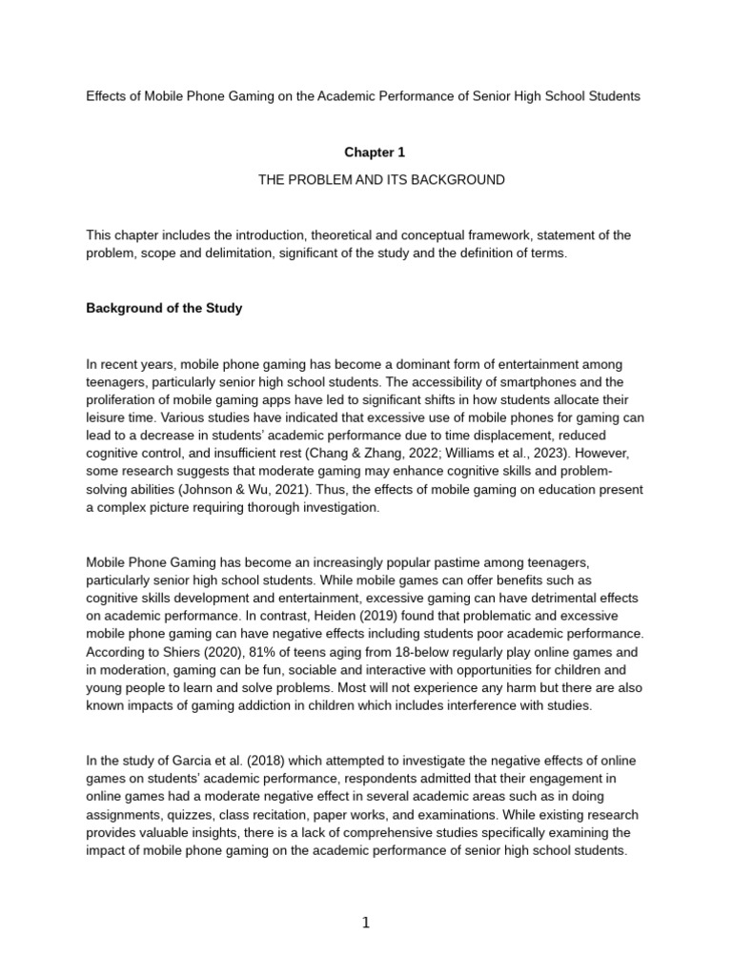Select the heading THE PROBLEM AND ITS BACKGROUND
381,180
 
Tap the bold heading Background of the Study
164,308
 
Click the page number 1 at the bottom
366,923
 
